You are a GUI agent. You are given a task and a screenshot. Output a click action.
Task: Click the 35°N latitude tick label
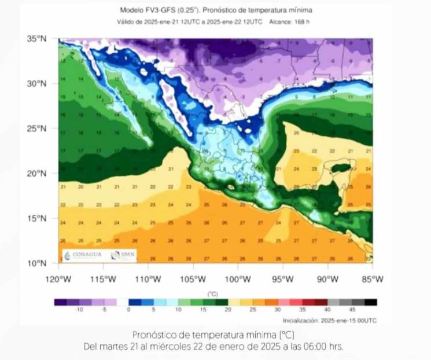(36, 39)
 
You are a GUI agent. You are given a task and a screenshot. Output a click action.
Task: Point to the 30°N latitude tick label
(36, 83)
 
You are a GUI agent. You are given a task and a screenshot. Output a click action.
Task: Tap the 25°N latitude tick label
(36, 128)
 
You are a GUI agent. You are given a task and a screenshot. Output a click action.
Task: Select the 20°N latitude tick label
(36, 173)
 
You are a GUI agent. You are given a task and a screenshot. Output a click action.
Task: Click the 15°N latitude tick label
(36, 218)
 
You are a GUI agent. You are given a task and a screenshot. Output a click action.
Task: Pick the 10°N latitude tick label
(36, 263)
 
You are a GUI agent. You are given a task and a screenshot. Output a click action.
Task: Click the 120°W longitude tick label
(58, 279)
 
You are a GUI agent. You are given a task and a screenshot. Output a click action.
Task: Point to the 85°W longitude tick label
(372, 279)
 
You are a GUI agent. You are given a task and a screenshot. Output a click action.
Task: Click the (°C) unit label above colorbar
(213, 294)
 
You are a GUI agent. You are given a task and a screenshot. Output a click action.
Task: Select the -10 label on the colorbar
(79, 310)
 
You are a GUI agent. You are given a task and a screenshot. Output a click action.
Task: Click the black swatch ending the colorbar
(371, 302)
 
